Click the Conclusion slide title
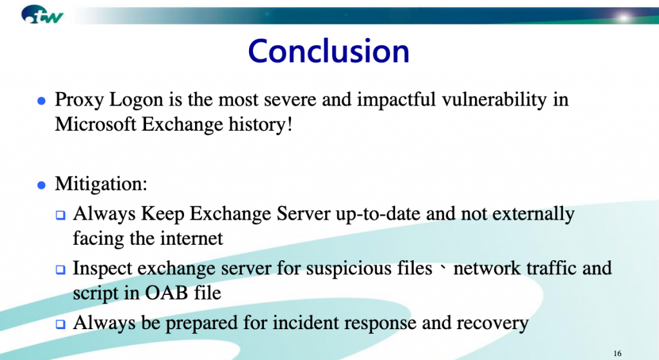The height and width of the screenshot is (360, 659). (x=329, y=51)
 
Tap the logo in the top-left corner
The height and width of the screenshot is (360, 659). (x=42, y=14)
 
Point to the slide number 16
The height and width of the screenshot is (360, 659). (x=617, y=354)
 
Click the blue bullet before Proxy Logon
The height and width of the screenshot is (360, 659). (x=41, y=101)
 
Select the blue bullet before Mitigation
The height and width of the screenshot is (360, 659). (x=41, y=185)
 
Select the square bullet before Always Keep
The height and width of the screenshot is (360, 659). (x=60, y=215)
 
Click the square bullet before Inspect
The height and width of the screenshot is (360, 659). (x=60, y=270)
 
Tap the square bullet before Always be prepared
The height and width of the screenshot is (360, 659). (x=60, y=324)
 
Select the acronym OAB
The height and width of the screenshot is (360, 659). (x=166, y=293)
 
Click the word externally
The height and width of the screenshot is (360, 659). (x=533, y=214)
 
